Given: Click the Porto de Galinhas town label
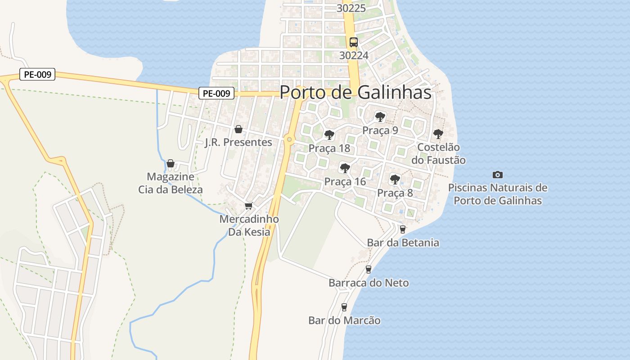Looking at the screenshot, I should click(355, 92).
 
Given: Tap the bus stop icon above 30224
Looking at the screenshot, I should click(354, 42).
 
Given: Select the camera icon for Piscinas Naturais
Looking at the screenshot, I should click(498, 175).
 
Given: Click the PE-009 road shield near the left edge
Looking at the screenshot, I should click(37, 75).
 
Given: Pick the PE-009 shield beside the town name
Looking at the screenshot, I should click(217, 94).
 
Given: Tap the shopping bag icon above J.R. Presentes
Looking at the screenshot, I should click(238, 130).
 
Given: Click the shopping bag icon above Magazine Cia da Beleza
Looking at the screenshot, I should click(171, 163).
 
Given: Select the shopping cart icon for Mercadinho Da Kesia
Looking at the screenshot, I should click(248, 206).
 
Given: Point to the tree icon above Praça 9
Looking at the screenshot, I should click(380, 117).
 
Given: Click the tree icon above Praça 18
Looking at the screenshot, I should click(329, 135).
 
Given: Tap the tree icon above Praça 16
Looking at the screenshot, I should click(345, 168).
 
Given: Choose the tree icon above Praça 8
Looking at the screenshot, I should click(395, 180).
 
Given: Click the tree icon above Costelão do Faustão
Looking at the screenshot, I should click(438, 134).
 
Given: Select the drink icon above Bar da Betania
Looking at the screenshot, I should click(403, 229).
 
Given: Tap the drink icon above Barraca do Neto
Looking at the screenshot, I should click(369, 270).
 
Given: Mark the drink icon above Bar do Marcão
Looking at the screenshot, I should click(344, 307).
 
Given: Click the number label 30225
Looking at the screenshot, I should click(351, 8).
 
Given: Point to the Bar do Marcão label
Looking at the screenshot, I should click(344, 320).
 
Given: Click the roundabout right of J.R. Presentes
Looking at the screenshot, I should click(289, 140).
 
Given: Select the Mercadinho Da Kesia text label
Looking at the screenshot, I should click(249, 225).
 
